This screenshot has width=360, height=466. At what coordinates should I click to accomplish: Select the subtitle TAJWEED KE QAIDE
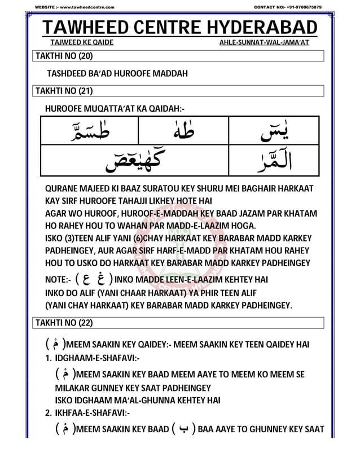tap(82, 43)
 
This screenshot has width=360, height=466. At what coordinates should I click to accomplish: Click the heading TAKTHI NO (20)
tap(64, 55)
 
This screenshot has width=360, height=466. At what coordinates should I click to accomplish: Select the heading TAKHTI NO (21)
tap(64, 91)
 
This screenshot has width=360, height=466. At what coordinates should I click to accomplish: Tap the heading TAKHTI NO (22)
tap(64, 323)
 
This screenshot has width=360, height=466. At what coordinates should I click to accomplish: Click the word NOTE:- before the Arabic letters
tap(58, 280)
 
